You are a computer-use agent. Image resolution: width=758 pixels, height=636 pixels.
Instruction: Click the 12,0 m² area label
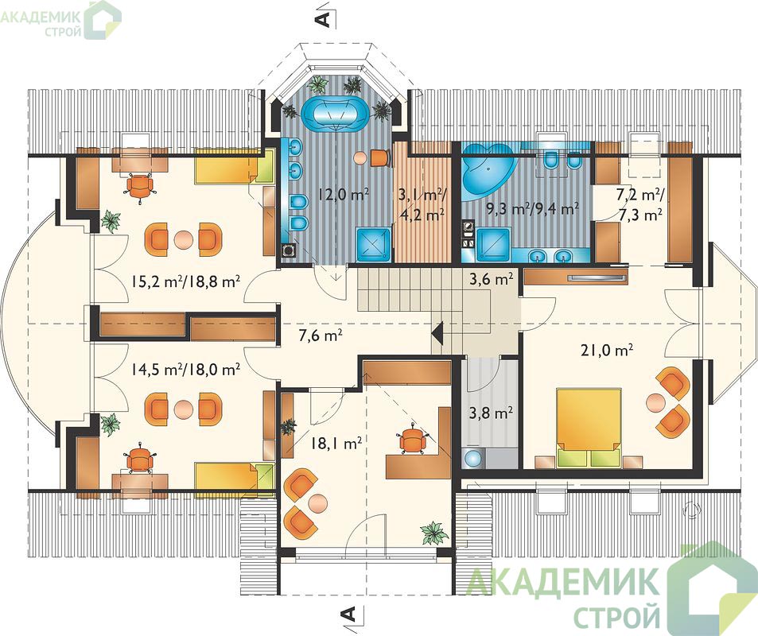(x=344, y=195)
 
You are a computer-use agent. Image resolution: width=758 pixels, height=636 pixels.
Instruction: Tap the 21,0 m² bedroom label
(x=607, y=350)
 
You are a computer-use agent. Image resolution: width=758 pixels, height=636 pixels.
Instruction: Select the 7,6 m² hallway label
(x=321, y=335)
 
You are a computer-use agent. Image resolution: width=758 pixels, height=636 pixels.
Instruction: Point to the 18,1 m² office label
(x=336, y=443)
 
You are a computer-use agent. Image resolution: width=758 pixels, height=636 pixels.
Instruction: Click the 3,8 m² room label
(x=491, y=413)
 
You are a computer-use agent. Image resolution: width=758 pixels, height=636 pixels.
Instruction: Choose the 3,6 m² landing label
(x=491, y=279)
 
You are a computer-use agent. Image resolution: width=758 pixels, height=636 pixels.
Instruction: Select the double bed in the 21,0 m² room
(x=589, y=427)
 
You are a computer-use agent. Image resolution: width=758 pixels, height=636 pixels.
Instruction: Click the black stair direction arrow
(x=438, y=333)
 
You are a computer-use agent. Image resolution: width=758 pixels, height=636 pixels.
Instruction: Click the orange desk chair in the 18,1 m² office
(x=412, y=439)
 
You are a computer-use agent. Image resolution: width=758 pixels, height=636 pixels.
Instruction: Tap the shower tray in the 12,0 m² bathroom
(x=374, y=245)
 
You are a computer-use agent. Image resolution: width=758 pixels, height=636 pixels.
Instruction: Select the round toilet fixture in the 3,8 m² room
(x=471, y=458)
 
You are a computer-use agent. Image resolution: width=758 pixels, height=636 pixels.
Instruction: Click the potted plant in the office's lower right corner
(x=433, y=533)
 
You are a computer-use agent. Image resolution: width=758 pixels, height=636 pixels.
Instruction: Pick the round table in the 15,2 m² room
(x=183, y=239)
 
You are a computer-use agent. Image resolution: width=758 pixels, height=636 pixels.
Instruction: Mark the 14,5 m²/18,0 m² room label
(x=185, y=370)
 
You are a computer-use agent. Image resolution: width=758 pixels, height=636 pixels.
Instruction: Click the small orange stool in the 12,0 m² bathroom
(x=380, y=157)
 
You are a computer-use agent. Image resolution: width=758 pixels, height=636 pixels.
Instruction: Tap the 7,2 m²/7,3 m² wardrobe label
(x=639, y=205)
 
